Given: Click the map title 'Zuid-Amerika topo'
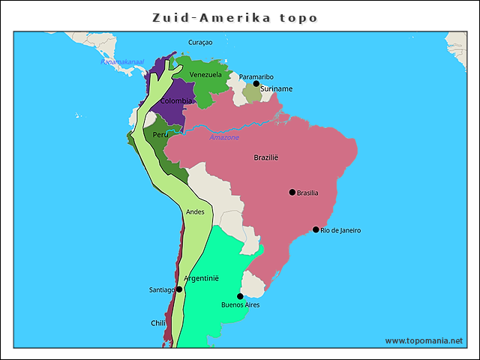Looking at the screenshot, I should (x=235, y=17).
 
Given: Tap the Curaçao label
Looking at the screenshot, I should (x=200, y=43).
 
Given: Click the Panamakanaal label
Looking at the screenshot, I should (x=122, y=61).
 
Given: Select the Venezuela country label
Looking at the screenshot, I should (x=205, y=75).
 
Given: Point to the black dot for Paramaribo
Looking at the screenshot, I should (x=256, y=84).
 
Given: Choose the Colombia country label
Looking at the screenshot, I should (x=176, y=100).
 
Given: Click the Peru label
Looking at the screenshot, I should (x=160, y=135).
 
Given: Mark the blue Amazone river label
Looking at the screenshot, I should (x=224, y=138).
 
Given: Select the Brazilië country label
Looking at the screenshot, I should (x=265, y=157).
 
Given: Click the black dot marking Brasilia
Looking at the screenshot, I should (x=292, y=192).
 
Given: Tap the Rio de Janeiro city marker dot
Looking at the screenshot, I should (x=316, y=229).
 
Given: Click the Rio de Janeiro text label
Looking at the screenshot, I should (x=340, y=230).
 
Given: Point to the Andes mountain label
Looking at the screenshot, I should (x=195, y=212).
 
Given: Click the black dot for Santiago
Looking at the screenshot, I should (x=179, y=289).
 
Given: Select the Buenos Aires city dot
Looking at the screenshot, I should (x=240, y=296).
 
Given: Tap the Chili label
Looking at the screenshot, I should (x=157, y=323).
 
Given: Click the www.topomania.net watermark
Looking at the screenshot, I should (x=424, y=340).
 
